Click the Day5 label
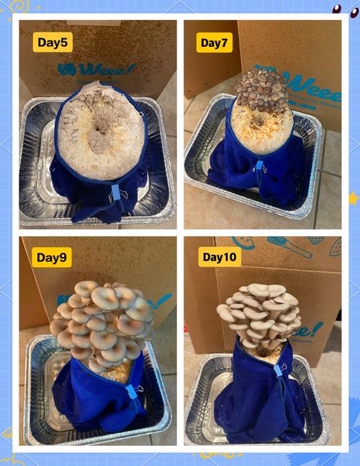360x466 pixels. [53, 42]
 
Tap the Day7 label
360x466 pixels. [214, 42]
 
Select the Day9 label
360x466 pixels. [52, 257]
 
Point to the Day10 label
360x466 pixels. [220, 257]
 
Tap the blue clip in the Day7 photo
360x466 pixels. [260, 166]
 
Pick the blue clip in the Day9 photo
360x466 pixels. [132, 392]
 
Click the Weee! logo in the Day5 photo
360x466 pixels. [96, 70]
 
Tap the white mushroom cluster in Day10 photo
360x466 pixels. [259, 315]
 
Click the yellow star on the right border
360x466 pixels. [354, 199]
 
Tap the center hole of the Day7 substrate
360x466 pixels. [257, 120]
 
